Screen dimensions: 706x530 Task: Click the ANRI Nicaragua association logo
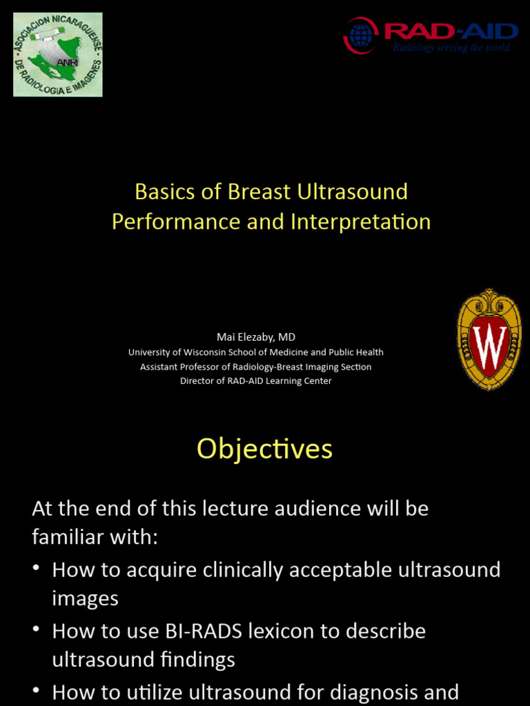click(x=58, y=54)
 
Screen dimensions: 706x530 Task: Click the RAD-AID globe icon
click(x=360, y=36)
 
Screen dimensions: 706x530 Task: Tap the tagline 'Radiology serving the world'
click(x=451, y=48)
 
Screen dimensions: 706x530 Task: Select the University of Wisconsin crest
click(x=489, y=340)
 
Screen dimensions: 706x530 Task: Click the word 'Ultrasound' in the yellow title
click(x=353, y=192)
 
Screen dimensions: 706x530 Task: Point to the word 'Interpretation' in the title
click(x=361, y=222)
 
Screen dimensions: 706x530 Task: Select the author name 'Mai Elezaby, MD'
click(x=256, y=337)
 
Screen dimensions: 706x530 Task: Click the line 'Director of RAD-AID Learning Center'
click(x=256, y=381)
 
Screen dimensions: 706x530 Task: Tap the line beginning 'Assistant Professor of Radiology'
click(x=256, y=367)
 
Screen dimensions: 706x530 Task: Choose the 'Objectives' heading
click(x=264, y=449)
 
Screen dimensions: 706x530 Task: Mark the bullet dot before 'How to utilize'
click(x=37, y=692)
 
